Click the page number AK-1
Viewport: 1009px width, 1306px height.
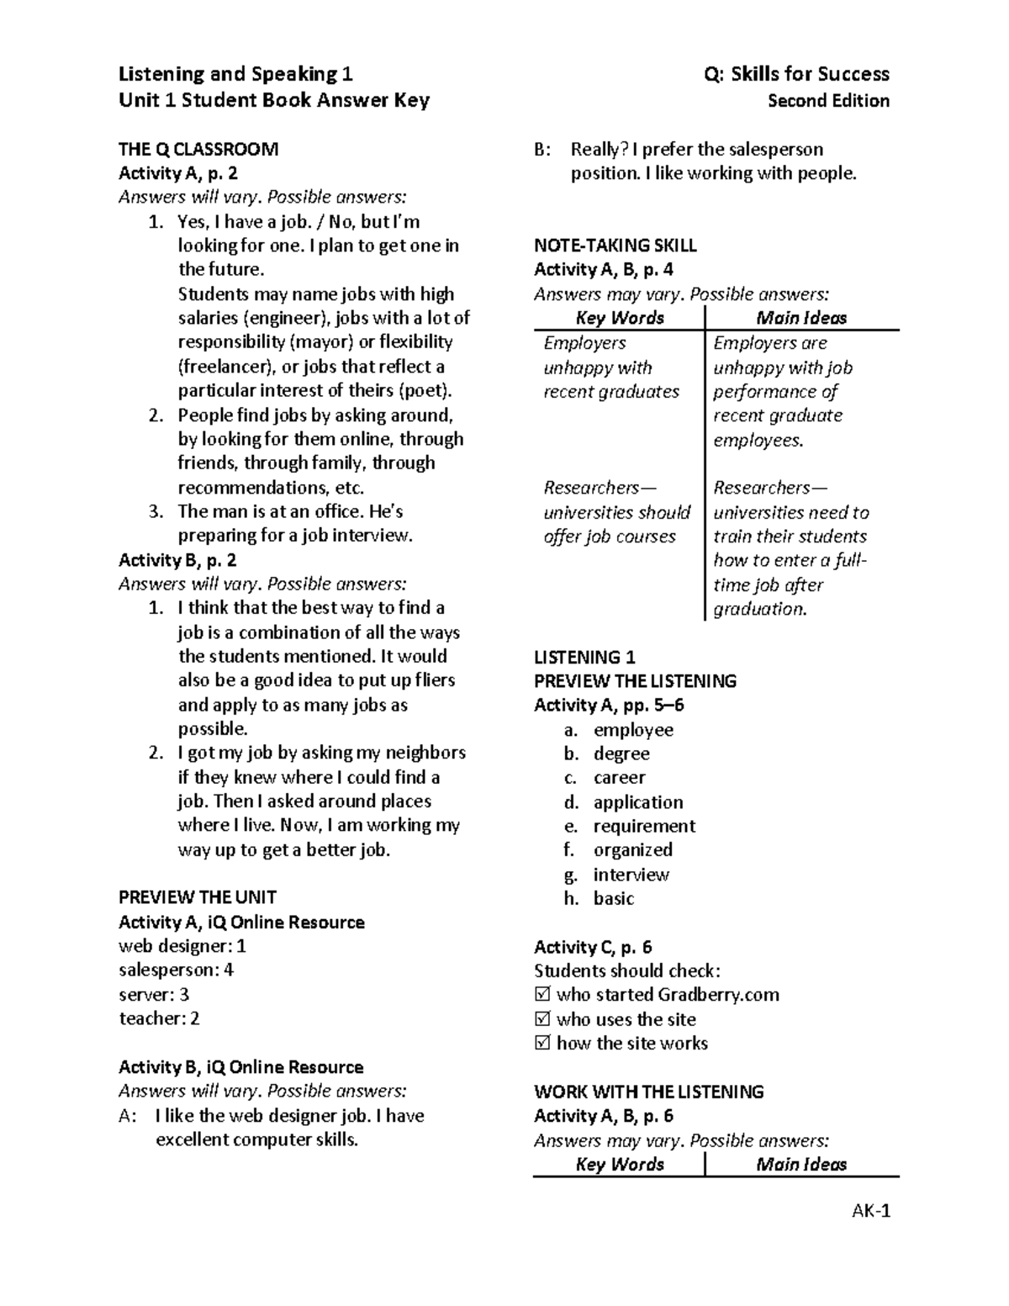[870, 1211]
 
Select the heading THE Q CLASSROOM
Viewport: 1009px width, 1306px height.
[198, 150]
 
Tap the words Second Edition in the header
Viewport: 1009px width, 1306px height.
[828, 101]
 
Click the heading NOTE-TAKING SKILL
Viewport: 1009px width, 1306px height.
[615, 246]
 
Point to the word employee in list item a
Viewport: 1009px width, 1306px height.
[633, 730]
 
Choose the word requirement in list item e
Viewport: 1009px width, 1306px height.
[644, 826]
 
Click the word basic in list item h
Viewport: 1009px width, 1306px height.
[614, 898]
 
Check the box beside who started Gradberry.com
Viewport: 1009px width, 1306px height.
[541, 995]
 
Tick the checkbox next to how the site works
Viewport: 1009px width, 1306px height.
[541, 1044]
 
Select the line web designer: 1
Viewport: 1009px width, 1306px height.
[182, 946]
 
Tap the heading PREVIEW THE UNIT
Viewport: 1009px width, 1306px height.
[198, 897]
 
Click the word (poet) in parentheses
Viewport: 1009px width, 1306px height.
[425, 390]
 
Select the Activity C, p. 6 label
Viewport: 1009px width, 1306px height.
[593, 947]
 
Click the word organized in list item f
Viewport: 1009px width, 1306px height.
[633, 849]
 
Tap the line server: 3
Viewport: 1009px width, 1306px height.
[154, 994]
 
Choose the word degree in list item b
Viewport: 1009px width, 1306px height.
[621, 753]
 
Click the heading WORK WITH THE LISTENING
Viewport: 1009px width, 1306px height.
[648, 1092]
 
